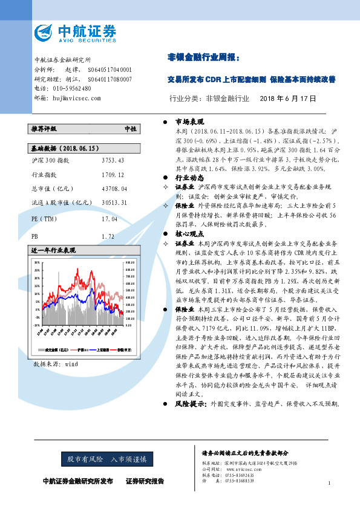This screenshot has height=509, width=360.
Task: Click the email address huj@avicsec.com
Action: coord(71,97)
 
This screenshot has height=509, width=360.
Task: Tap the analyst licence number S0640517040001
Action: coord(110,70)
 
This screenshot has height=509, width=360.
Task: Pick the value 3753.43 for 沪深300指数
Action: coord(113,160)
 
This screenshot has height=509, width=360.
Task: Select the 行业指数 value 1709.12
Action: coord(113,174)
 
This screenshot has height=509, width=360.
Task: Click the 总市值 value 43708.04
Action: coord(114,189)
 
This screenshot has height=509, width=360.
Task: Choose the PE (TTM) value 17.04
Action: coord(110,219)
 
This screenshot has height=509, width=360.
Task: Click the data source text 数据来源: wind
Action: coord(56,364)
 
